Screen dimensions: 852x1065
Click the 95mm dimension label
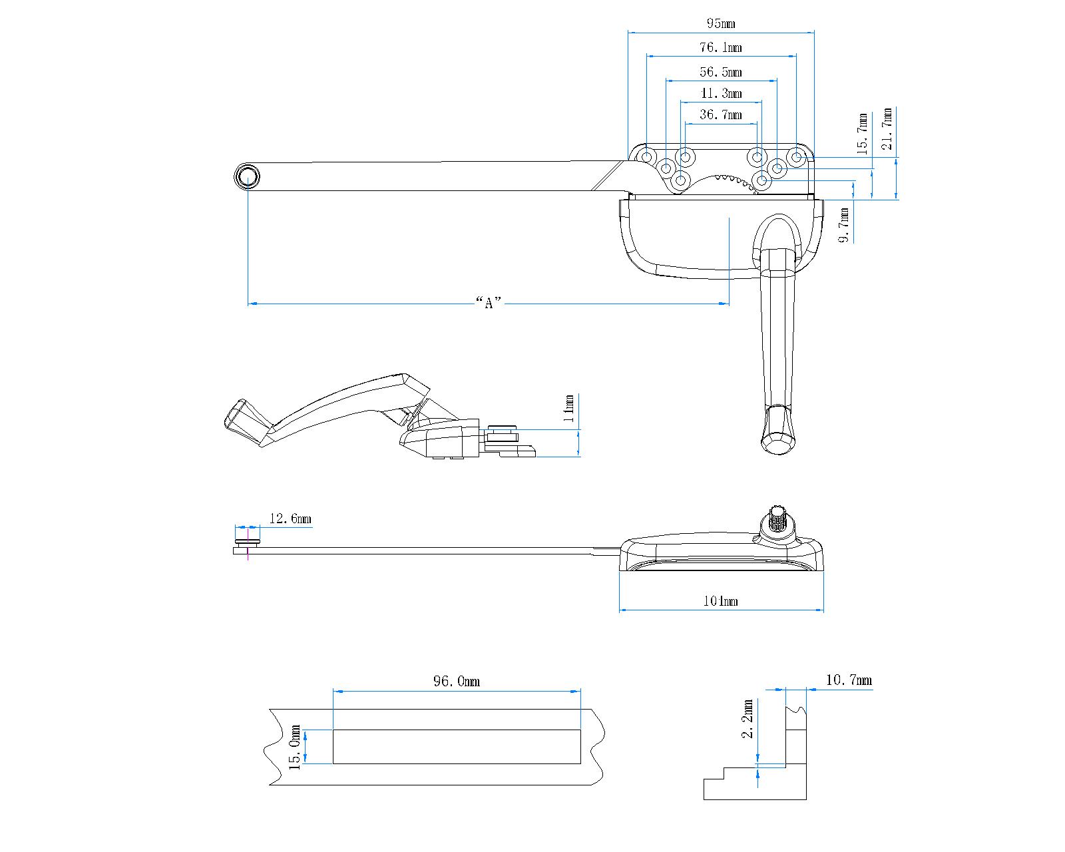pos(720,24)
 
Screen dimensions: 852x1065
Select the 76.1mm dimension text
pos(720,48)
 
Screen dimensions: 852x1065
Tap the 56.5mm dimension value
pos(720,72)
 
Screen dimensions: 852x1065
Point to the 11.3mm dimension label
pos(720,94)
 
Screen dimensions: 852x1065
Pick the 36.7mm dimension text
pos(720,115)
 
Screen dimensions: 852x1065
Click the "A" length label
pos(489,304)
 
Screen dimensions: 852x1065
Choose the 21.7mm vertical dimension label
pos(888,130)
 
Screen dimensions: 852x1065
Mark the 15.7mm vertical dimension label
pos(862,133)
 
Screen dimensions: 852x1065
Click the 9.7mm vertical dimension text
pos(844,225)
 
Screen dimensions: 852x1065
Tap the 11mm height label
pos(568,408)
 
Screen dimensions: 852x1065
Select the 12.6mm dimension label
pos(290,519)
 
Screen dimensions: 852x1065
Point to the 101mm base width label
pos(720,602)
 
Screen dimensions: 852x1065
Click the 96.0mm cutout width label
pos(456,682)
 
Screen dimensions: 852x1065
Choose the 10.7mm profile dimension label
pos(848,680)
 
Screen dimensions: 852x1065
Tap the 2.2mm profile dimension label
pos(748,719)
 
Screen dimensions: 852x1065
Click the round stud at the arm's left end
pos(246,177)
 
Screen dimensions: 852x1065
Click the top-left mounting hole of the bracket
pos(646,156)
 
